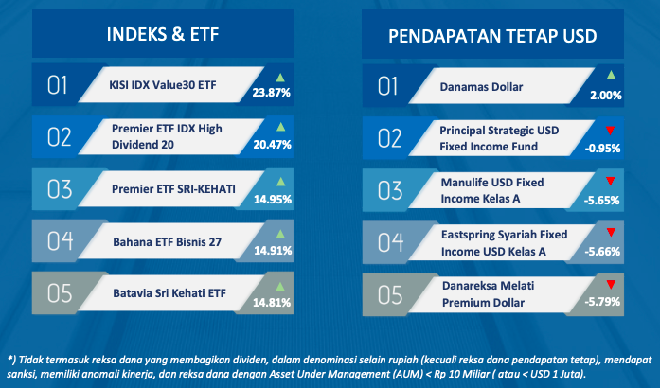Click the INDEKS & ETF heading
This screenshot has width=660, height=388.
click(163, 34)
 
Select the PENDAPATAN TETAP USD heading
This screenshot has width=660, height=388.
click(492, 36)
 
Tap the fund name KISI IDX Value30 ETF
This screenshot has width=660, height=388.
click(163, 85)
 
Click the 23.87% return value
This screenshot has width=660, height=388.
click(272, 93)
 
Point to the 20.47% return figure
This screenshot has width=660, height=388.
click(273, 145)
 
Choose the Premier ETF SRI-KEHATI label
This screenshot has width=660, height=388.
click(173, 189)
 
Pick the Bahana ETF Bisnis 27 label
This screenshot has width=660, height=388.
click(167, 242)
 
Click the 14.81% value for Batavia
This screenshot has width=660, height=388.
click(272, 302)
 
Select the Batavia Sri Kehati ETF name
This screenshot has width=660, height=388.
click(169, 293)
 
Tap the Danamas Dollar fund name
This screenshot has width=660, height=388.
click(482, 87)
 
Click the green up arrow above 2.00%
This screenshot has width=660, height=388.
click(611, 76)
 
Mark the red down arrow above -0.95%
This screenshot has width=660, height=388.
click(611, 131)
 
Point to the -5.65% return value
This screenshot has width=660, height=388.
click(602, 201)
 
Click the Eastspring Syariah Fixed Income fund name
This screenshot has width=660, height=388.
click(505, 243)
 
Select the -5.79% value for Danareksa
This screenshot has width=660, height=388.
click(602, 302)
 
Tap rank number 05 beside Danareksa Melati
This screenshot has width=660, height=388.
click(390, 294)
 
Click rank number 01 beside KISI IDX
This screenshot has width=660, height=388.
click(57, 85)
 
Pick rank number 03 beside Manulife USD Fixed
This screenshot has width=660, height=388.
click(390, 190)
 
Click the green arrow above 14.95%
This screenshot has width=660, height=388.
click(280, 182)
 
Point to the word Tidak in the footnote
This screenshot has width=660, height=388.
click(30, 360)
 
